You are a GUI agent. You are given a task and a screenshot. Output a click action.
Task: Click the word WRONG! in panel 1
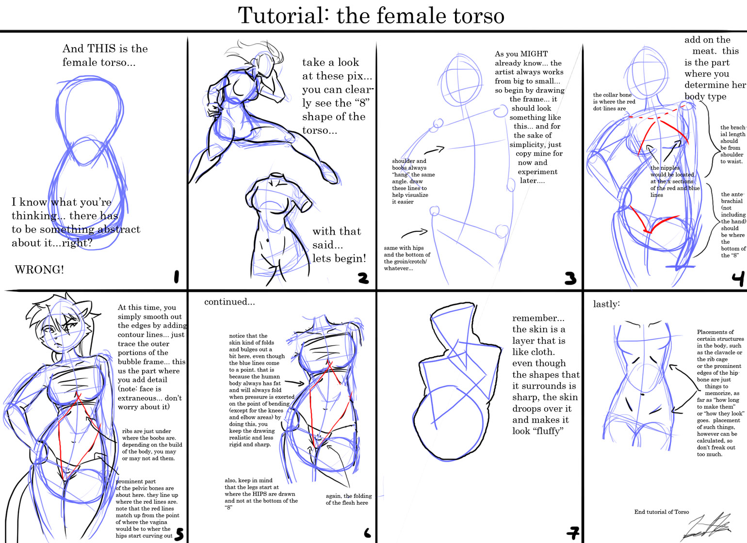pos(39,270)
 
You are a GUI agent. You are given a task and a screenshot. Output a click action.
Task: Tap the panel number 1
pos(177,277)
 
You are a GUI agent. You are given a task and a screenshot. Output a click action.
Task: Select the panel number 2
pos(363,278)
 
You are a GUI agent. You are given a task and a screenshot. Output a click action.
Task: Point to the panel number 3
pos(570,278)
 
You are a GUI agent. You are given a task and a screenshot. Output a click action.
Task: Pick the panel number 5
pos(179,534)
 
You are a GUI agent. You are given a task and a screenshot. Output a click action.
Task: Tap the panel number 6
pos(367,533)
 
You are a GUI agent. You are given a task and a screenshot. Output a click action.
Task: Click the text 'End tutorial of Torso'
pos(661,511)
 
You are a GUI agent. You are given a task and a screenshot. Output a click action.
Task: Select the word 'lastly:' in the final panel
pos(606,304)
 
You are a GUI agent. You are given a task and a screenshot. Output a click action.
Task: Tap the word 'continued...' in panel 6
pos(229,302)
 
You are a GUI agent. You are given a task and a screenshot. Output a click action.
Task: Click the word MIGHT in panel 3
pos(534,54)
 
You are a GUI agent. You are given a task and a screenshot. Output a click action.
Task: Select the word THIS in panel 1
pos(100,48)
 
